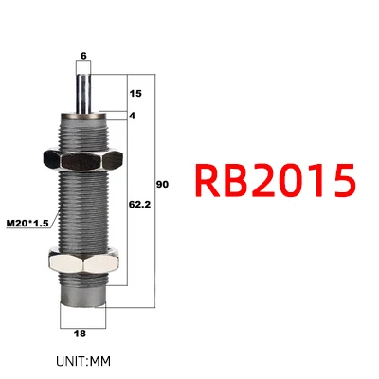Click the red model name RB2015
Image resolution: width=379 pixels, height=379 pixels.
[275, 181]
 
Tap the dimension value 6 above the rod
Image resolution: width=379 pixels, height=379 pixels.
[83, 56]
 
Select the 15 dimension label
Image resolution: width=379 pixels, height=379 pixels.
[135, 94]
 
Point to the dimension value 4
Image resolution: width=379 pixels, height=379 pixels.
[133, 116]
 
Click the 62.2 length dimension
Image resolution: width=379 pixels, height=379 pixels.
[139, 205]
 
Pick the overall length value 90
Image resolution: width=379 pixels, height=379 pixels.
[163, 184]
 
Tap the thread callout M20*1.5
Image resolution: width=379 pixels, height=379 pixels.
[27, 224]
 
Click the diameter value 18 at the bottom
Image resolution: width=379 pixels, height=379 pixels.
[80, 334]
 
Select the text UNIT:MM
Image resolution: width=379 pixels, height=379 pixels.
[83, 361]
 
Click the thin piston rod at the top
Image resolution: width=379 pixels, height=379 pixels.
[83, 93]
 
